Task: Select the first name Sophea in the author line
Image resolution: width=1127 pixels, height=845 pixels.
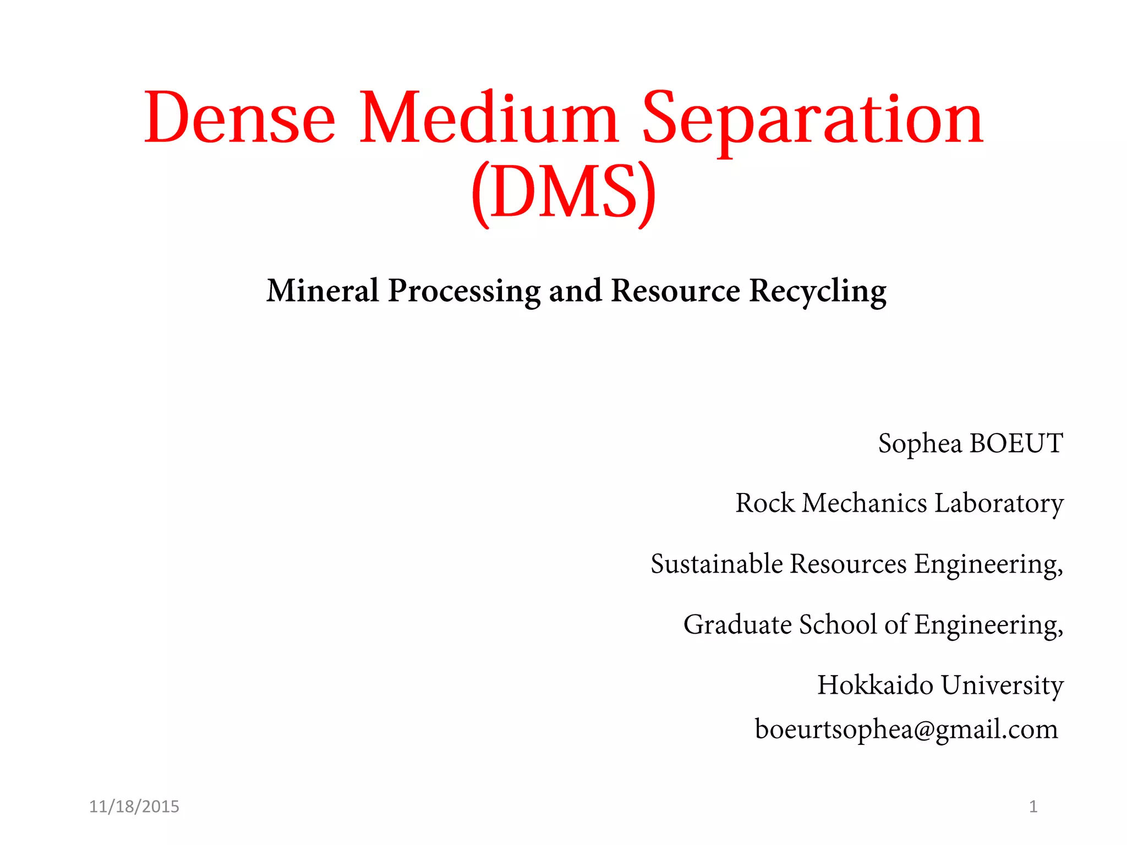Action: coord(920,443)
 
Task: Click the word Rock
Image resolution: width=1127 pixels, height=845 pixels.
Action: coord(765,503)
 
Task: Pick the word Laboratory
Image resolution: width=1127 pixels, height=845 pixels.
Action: coord(999,503)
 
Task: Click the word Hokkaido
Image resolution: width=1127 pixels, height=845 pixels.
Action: coord(876,685)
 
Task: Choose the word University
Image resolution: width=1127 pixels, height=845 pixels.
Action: coord(1002,685)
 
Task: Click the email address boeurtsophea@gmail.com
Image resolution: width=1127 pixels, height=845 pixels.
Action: coord(906,729)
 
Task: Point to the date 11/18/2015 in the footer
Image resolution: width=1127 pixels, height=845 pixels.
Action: coord(134,806)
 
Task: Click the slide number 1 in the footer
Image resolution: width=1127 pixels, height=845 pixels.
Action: coord(1033,806)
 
